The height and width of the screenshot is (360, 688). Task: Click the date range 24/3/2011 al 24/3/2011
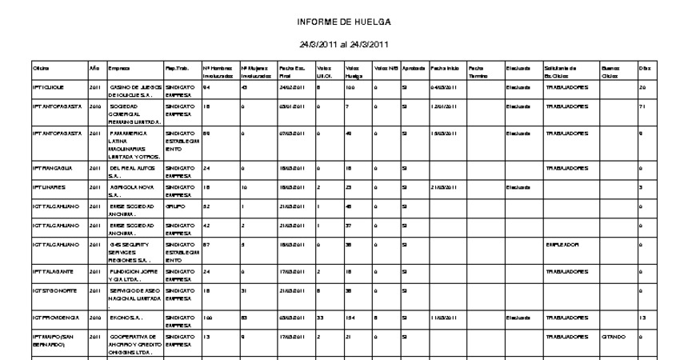pos(344,43)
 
